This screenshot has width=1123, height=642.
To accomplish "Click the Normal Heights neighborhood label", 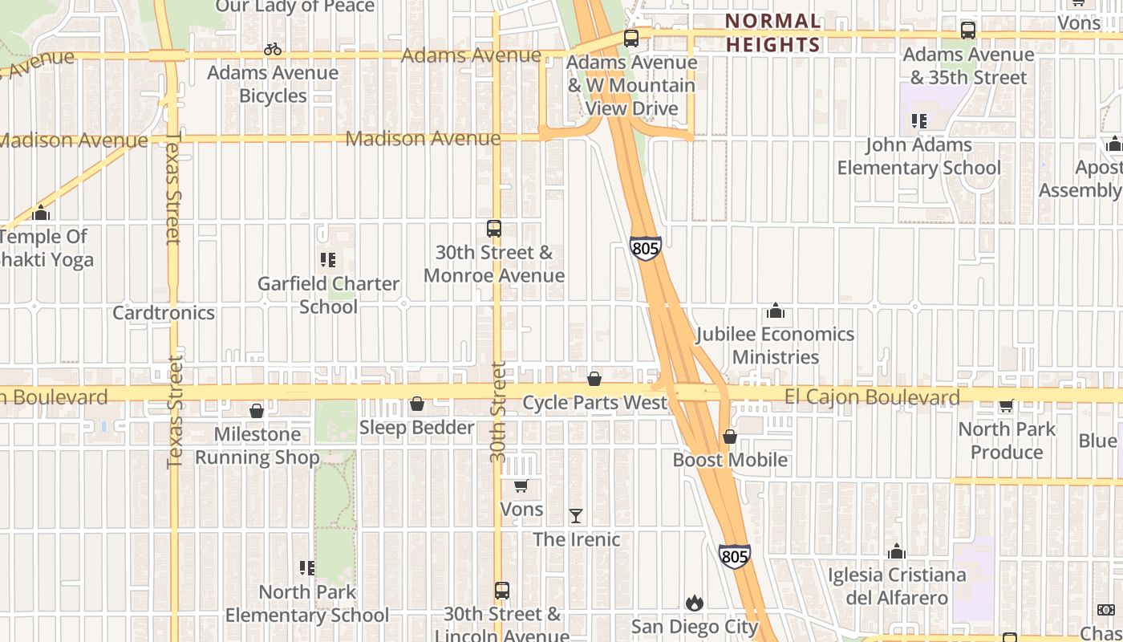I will (x=773, y=32).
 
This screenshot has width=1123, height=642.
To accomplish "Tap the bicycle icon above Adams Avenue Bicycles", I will (x=273, y=50).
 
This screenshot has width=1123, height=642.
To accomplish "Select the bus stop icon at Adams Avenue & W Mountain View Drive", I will (x=631, y=38).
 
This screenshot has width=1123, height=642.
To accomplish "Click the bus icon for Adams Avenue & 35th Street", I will (x=968, y=30).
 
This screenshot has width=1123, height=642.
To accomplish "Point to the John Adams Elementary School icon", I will (x=919, y=121).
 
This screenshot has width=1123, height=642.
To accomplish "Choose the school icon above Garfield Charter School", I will (x=327, y=260).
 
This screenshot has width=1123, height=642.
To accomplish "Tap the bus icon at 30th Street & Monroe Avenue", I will (x=494, y=229).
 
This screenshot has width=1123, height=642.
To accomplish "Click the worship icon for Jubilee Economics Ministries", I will (x=775, y=311).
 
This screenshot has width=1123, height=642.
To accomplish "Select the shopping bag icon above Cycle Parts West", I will (x=594, y=379).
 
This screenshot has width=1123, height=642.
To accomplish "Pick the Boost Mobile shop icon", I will (x=730, y=437).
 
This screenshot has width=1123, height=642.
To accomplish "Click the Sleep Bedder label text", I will (x=416, y=427).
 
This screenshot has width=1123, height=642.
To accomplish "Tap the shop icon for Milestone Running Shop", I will (x=257, y=411).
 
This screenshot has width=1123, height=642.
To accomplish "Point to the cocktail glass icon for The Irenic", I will (x=576, y=516).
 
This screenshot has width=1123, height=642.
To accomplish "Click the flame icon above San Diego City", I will (x=695, y=603).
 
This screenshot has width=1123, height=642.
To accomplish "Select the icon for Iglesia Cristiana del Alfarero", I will (x=897, y=551).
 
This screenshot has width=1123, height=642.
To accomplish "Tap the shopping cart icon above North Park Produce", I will (x=1007, y=406).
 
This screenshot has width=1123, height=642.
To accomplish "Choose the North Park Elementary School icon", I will (x=306, y=568).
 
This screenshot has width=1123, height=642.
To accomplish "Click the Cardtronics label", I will (x=164, y=312).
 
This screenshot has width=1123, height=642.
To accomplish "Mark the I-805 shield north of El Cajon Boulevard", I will (x=645, y=248).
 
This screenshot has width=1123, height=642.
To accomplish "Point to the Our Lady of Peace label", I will (x=295, y=6).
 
